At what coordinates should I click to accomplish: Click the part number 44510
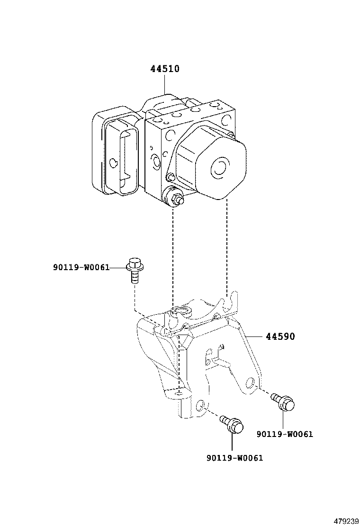pos(165,69)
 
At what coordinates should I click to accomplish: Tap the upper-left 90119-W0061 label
pos(81,268)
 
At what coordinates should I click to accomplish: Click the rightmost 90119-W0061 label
pos(285,434)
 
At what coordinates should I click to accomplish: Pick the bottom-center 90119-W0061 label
pos(234,458)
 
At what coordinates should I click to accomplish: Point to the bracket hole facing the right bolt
pos(251,382)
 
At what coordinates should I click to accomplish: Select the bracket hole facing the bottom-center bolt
pos(201,406)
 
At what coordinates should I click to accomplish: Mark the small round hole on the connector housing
pos(113,163)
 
